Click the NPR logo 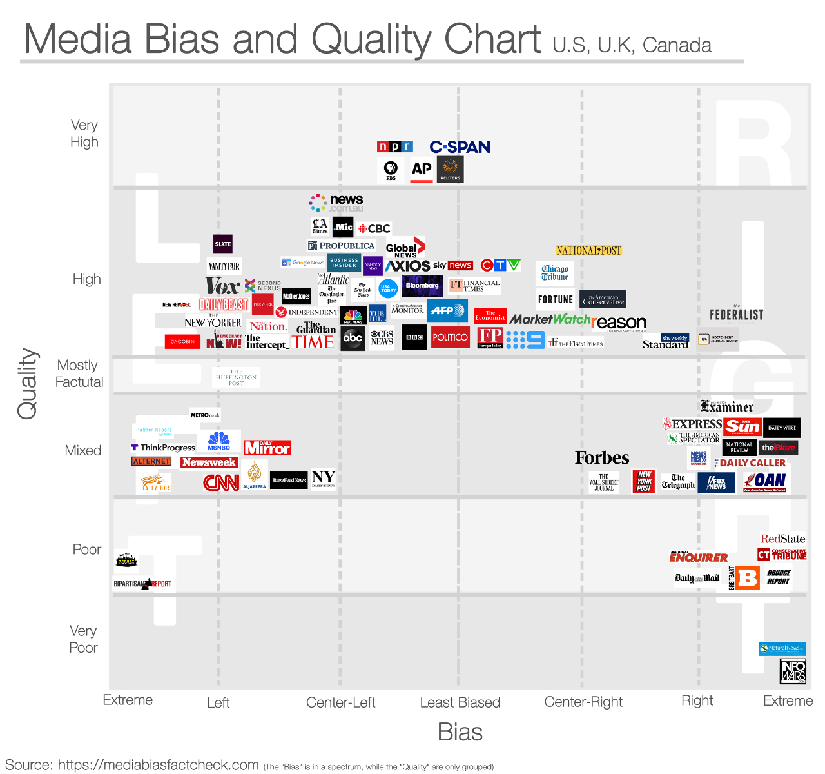click(x=394, y=146)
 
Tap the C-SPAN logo click(x=460, y=147)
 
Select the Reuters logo click(x=450, y=169)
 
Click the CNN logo click(x=221, y=482)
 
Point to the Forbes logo click(x=602, y=458)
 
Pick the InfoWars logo click(x=793, y=671)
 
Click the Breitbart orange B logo click(x=748, y=578)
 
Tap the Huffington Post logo click(x=236, y=377)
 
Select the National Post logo click(x=588, y=250)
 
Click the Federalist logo click(x=736, y=314)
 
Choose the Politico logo click(x=450, y=337)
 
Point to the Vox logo click(x=222, y=286)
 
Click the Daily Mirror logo click(x=267, y=448)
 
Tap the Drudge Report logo click(x=779, y=577)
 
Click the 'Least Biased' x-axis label click(x=460, y=702)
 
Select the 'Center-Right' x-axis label click(x=583, y=702)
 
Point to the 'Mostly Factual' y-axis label click(x=79, y=373)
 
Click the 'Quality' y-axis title click(x=28, y=384)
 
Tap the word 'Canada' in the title click(x=677, y=45)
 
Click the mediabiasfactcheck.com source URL click(x=158, y=765)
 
